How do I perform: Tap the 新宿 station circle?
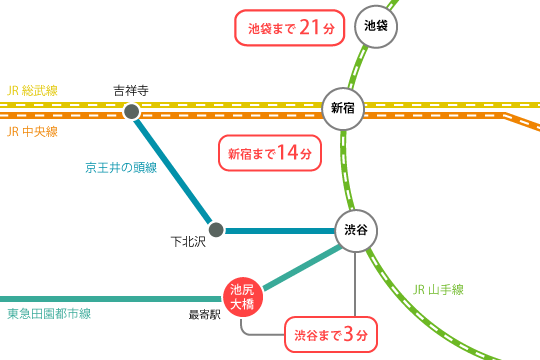[x=342, y=108]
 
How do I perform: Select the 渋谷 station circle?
[x=356, y=230]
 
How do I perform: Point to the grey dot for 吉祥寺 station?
[x=131, y=111]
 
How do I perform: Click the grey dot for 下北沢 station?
[x=216, y=230]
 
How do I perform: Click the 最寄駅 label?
[x=204, y=314]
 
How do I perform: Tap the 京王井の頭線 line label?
[x=121, y=167]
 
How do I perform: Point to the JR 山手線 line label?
[x=438, y=290]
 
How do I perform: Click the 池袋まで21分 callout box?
[x=289, y=28]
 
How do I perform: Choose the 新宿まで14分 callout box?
[x=270, y=153]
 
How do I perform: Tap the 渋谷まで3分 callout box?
[x=333, y=334]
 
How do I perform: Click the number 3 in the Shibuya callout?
[x=349, y=334]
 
